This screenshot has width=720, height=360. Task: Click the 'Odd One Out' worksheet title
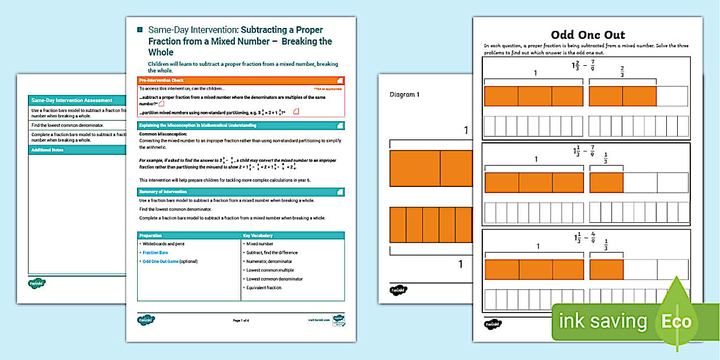tap(587, 35)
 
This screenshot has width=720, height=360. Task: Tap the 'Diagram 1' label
tap(404, 95)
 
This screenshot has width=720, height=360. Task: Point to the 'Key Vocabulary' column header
tap(258, 235)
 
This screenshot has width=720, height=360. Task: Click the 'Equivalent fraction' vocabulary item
tap(264, 287)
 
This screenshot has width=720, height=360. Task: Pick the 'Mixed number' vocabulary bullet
tap(259, 244)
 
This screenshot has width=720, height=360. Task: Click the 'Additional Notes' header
tap(48, 150)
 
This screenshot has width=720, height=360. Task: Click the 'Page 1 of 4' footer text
tap(241, 321)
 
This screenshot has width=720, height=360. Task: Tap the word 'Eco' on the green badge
tap(676, 321)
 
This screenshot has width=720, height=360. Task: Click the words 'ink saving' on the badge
tap(603, 321)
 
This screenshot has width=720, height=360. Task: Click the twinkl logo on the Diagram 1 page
tap(398, 290)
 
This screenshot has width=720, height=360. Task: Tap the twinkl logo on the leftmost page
tap(37, 283)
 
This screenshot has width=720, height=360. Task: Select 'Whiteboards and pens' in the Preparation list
tap(163, 244)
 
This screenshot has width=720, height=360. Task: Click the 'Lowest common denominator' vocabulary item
tap(274, 279)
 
